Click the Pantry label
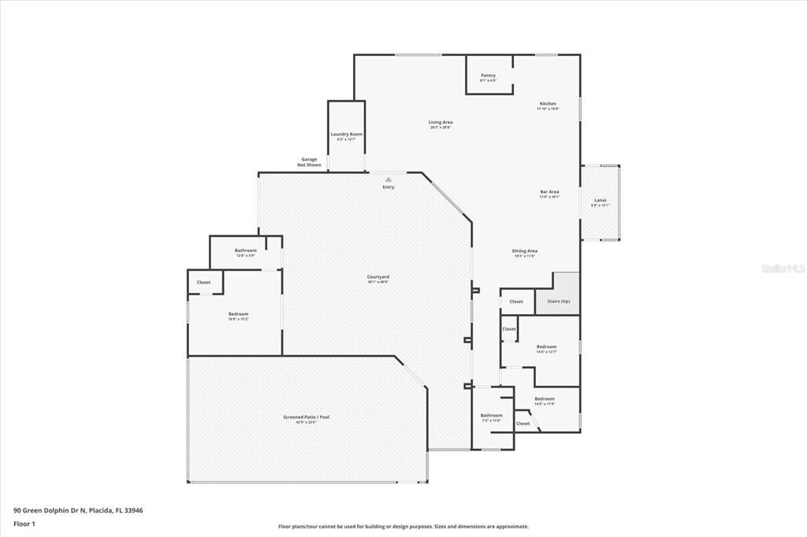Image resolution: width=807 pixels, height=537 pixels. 489,76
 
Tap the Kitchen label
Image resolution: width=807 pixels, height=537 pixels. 548,104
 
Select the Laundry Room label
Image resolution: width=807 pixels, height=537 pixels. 346,135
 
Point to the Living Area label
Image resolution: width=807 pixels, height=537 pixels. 441,122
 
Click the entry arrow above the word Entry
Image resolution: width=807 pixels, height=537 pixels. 388,179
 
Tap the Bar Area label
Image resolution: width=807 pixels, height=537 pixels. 549,192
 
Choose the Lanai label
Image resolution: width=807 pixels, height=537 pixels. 601,201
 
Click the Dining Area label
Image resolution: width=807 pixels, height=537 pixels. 525,251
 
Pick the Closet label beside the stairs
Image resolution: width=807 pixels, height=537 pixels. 516,302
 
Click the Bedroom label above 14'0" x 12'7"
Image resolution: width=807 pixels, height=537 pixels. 546,346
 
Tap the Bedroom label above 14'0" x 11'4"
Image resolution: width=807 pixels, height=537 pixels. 545,399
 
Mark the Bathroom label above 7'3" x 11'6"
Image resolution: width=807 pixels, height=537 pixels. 492,415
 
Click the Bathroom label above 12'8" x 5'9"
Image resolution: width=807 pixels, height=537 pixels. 246,250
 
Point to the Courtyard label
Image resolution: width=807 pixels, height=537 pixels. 378,276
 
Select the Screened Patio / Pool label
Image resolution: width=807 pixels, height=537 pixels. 307,417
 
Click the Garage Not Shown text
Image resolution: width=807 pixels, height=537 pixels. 309,162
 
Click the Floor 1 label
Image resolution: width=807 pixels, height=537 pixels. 24,524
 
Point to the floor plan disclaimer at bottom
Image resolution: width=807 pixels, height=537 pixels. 403,527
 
